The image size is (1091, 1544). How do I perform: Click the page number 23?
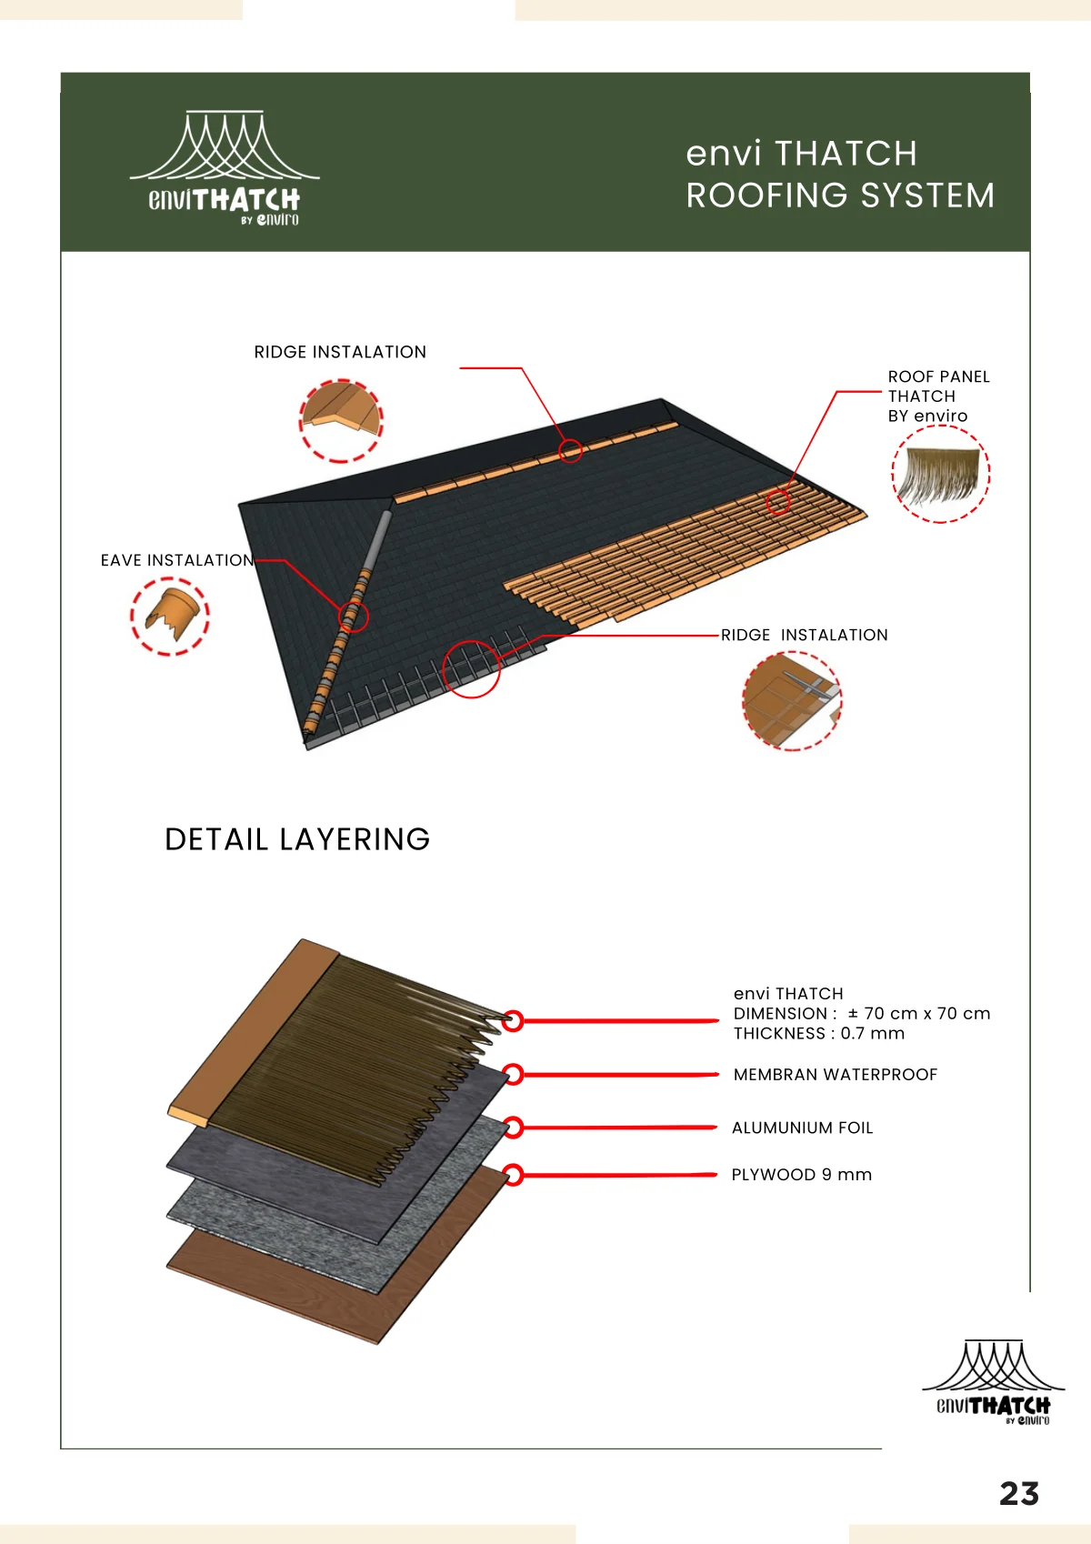(1018, 1494)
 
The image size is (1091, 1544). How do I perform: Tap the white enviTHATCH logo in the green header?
(225, 168)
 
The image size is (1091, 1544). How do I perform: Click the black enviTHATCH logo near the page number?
(993, 1382)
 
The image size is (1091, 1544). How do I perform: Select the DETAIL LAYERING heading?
(297, 839)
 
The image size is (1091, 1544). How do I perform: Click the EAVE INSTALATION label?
(177, 560)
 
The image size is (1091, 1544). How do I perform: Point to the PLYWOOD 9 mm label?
(802, 1175)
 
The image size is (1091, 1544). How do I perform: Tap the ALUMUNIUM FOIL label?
(802, 1128)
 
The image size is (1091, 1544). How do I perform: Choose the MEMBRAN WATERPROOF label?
(836, 1075)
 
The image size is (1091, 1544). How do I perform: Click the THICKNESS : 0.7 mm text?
(819, 1033)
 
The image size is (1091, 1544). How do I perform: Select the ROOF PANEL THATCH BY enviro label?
(938, 396)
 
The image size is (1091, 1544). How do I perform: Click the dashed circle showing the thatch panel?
(941, 426)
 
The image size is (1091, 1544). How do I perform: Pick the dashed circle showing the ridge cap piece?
(341, 380)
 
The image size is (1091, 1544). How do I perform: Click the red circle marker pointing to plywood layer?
(512, 1175)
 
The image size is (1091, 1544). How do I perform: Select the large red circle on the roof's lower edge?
(472, 641)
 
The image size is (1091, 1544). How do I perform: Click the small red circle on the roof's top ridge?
(570, 440)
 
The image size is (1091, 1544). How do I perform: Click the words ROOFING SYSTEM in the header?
(841, 196)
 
